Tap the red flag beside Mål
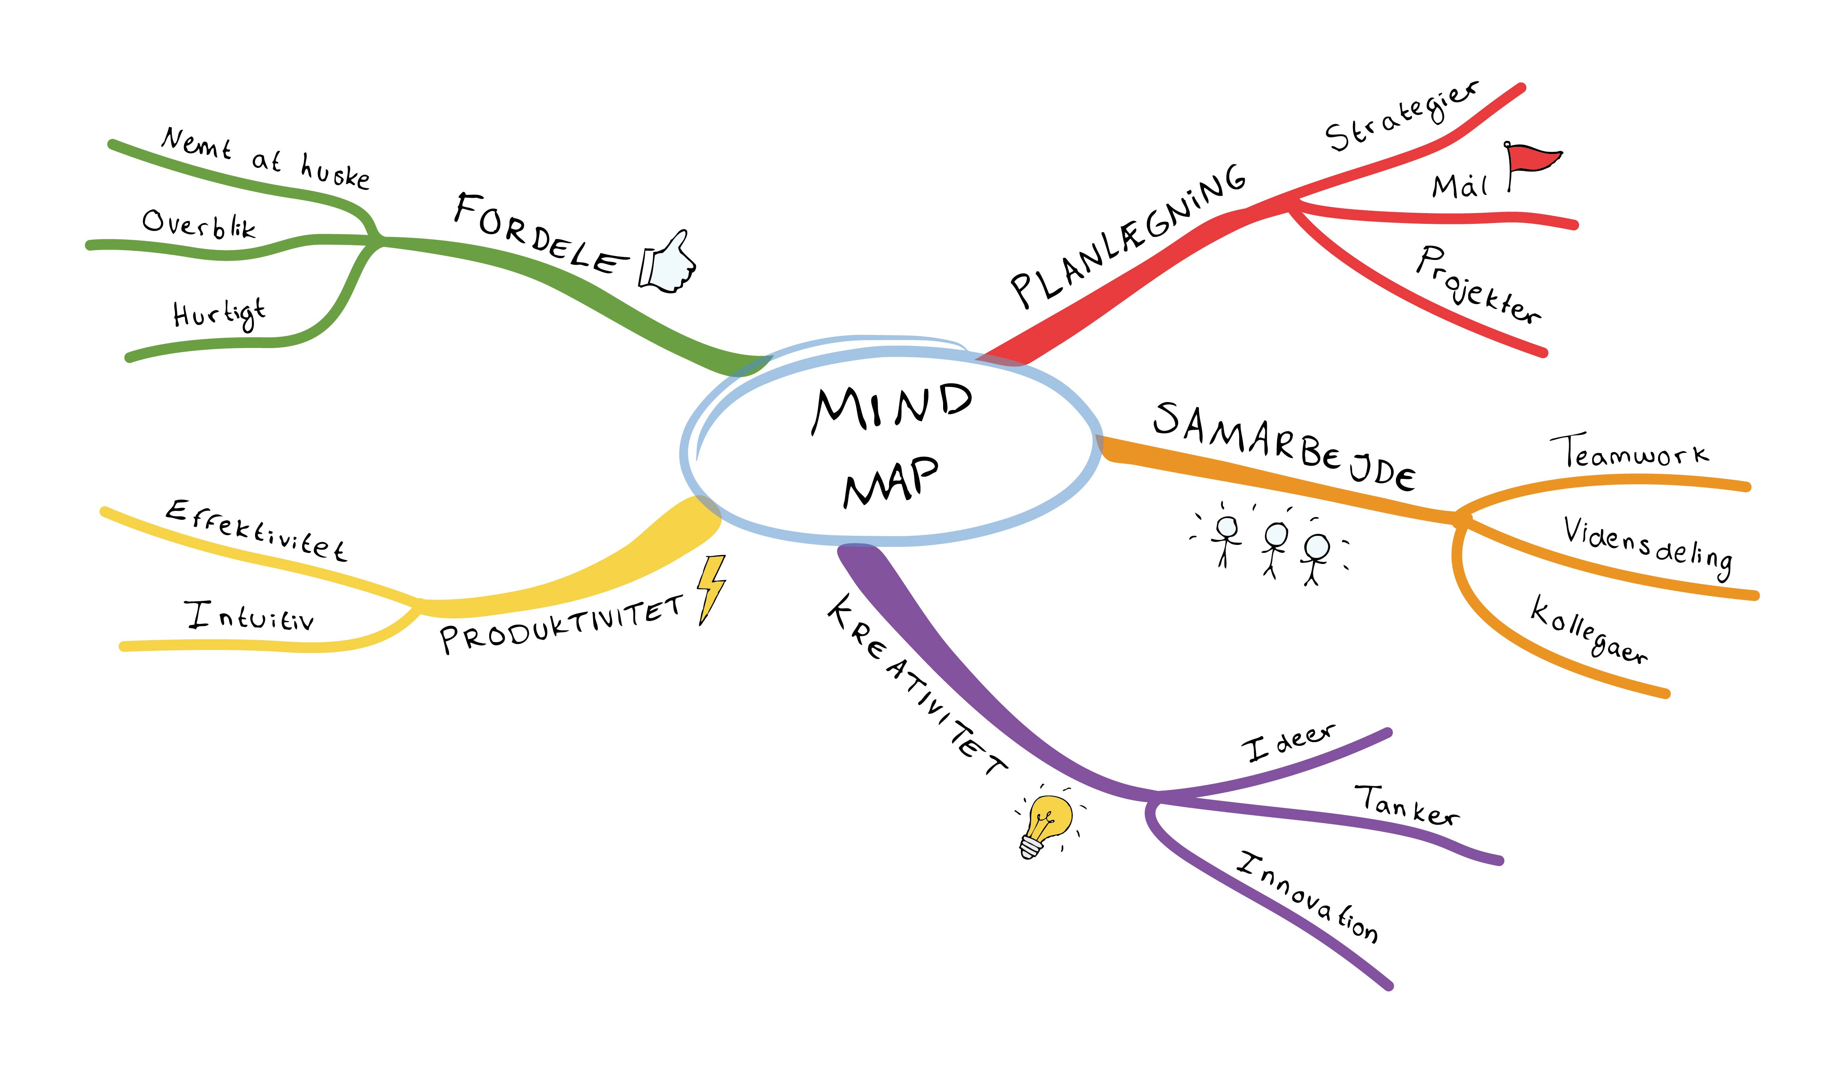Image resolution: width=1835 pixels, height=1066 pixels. [1532, 160]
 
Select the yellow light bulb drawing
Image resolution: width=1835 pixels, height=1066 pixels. [1046, 824]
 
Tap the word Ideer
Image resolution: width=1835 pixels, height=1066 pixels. [1287, 743]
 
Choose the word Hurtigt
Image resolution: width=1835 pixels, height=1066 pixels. [219, 315]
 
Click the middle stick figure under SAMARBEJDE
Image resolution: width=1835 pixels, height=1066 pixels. [1274, 546]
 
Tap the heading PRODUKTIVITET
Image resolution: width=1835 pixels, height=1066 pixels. [561, 625]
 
